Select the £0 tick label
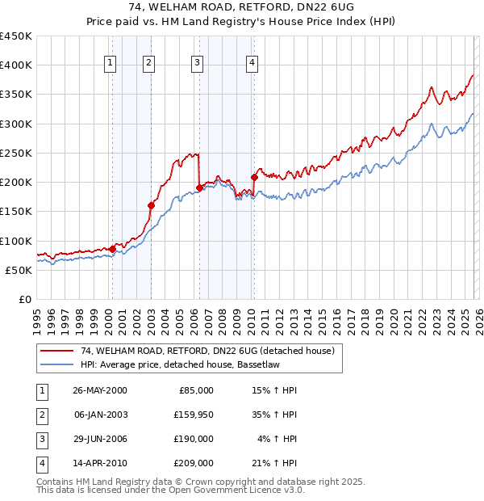coord(25,299)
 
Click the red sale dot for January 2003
coord(151,205)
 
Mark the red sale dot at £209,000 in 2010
coord(254,177)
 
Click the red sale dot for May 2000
coord(113,249)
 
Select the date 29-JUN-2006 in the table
coord(100,438)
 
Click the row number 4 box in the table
coord(40,463)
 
